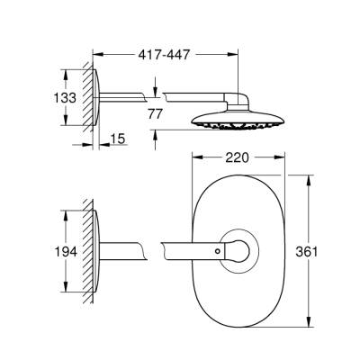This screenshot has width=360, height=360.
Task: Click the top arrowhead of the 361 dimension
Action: (310, 175)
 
